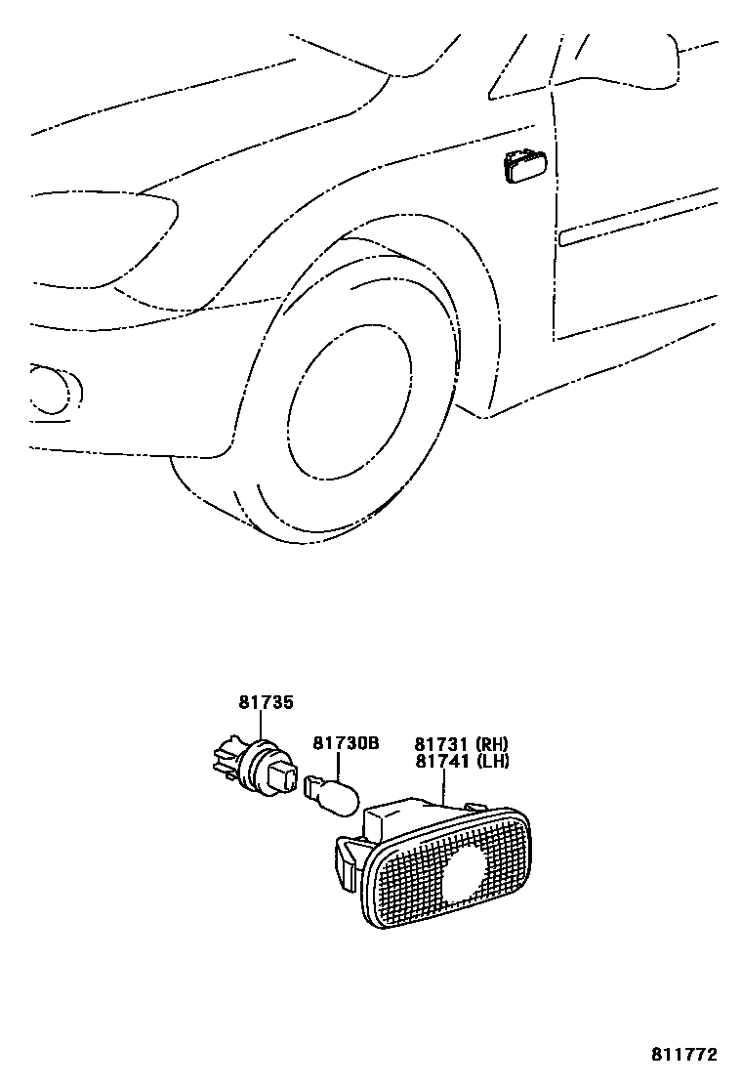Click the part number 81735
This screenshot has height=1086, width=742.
coord(265,701)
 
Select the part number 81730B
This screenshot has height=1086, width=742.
coord(345,743)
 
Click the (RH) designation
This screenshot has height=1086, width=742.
coord(492,743)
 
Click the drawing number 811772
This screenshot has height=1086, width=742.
coord(684,1056)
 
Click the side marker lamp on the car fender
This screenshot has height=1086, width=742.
coord(523,166)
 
